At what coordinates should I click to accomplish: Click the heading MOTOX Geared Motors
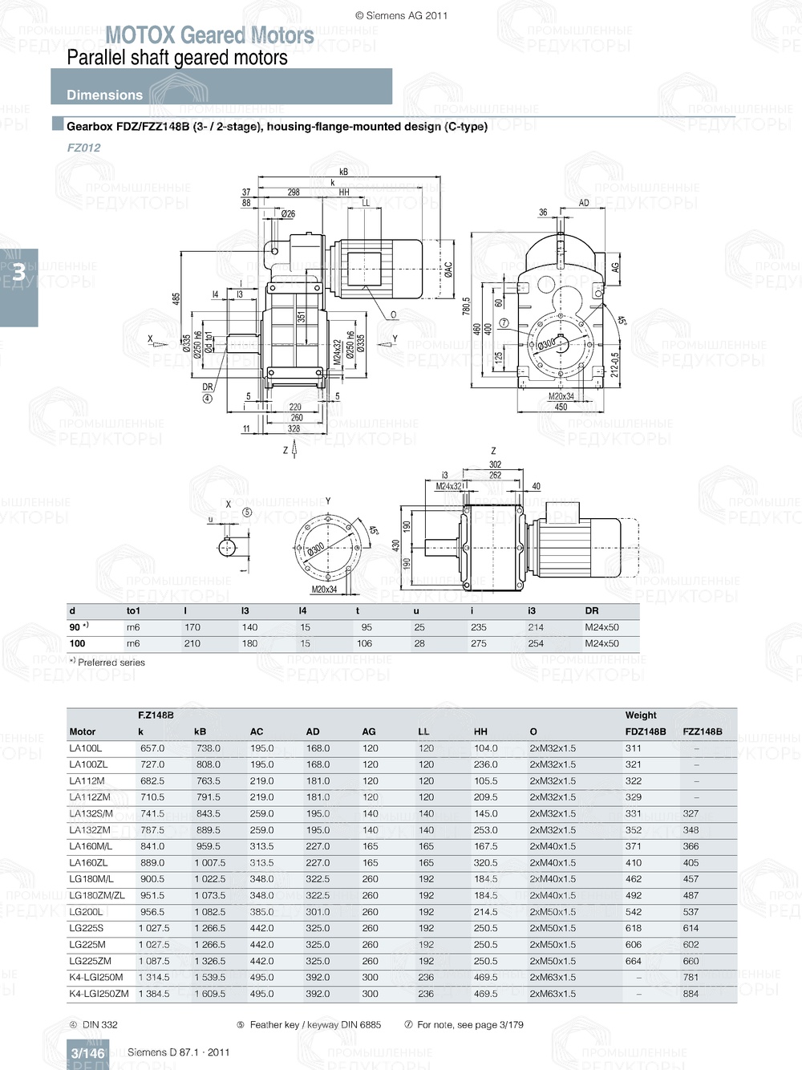coord(209,35)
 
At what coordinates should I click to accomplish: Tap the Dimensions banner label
coord(104,95)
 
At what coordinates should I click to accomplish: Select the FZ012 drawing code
coord(83,148)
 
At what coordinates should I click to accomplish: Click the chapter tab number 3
coord(18,273)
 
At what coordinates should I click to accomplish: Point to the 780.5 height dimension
coord(466,305)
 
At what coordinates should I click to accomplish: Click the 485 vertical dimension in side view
coord(176,298)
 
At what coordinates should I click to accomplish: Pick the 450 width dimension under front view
coord(561,407)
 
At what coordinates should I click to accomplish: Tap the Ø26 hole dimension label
coord(288,214)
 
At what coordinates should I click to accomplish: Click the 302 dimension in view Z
coord(495,464)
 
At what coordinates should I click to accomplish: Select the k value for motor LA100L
coord(152,748)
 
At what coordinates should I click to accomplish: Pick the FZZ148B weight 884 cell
coord(691,994)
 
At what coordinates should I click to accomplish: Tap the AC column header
coord(257,732)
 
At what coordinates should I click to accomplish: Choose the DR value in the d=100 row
coord(601,643)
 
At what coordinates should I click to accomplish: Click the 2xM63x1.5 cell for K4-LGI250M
coord(553,978)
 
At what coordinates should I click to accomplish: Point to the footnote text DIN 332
coord(99,1024)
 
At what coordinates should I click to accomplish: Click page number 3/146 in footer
coord(87,1053)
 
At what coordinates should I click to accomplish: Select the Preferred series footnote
coord(111,663)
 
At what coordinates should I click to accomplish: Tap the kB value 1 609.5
coord(209,994)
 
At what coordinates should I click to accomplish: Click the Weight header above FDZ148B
coord(640,715)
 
